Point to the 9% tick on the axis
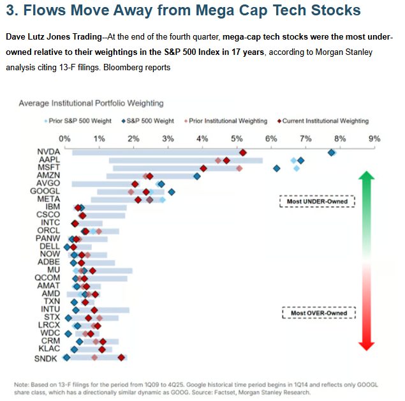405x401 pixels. click(x=374, y=138)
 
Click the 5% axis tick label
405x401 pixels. click(x=237, y=138)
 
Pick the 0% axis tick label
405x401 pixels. click(x=64, y=138)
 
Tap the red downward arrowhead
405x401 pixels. click(x=365, y=345)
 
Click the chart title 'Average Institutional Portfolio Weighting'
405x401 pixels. click(x=91, y=103)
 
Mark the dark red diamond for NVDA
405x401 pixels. click(x=242, y=152)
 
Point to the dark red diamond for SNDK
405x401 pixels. click(x=121, y=358)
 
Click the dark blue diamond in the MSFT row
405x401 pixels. click(x=276, y=168)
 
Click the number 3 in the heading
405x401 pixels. click(x=11, y=11)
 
